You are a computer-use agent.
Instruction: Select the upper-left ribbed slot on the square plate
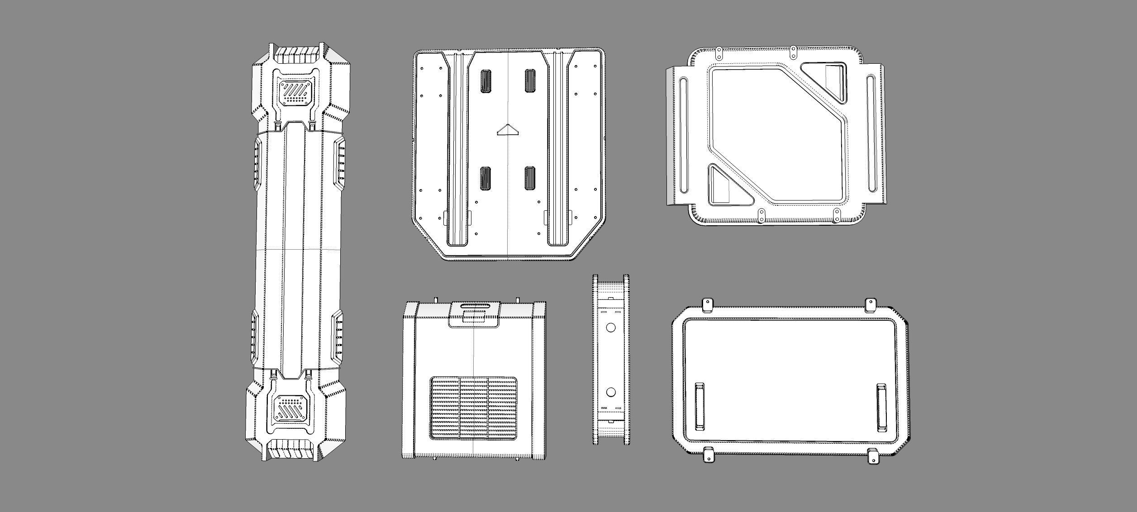[x=486, y=81]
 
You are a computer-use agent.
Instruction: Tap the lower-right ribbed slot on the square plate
[x=530, y=178]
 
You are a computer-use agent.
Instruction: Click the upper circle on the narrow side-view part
[x=610, y=327]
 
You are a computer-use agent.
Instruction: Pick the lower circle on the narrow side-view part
[x=610, y=392]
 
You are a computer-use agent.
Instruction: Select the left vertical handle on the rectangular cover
[x=699, y=406]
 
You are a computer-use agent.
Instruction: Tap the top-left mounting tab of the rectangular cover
[x=707, y=305]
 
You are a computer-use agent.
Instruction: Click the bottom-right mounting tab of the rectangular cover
[x=873, y=456]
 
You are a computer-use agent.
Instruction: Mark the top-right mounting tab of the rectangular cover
[x=871, y=305]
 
